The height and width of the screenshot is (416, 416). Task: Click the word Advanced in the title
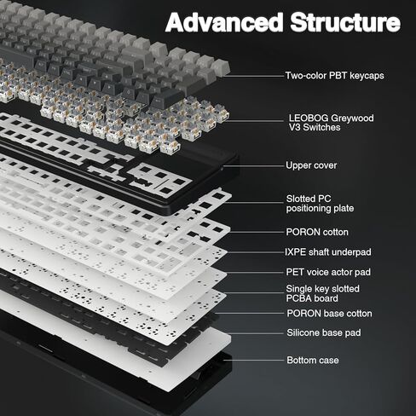[x=223, y=23]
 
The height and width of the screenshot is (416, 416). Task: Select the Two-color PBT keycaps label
[x=334, y=76]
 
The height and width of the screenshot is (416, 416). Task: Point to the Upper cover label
[x=311, y=165]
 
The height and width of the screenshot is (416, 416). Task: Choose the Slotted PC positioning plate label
[x=320, y=204]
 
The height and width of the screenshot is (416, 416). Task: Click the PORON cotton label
[x=317, y=232]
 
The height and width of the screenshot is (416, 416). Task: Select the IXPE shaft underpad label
[x=328, y=252]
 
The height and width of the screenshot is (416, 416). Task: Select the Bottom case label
[x=312, y=360]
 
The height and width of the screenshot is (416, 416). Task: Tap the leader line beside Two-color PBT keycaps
[x=256, y=76]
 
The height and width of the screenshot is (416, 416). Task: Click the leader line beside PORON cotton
[x=256, y=232]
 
